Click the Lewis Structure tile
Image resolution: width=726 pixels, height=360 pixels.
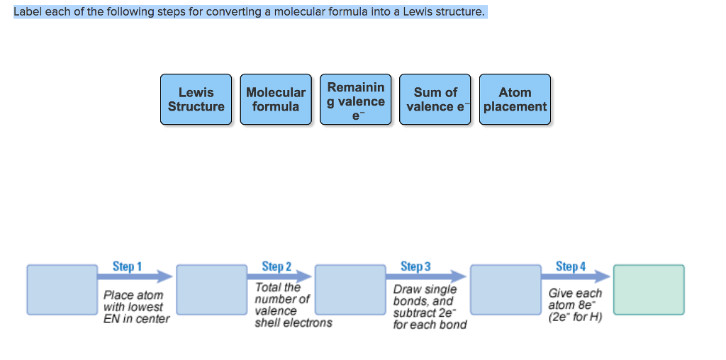[196, 99]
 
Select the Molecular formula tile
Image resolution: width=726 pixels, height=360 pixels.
[276, 99]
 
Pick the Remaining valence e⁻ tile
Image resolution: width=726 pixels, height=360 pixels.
[356, 99]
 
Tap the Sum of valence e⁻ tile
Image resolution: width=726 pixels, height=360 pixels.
[435, 99]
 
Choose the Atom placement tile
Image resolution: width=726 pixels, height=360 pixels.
[515, 99]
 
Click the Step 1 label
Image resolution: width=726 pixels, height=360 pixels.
[127, 266]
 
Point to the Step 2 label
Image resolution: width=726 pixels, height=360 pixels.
[277, 266]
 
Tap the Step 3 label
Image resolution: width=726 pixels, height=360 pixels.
[415, 266]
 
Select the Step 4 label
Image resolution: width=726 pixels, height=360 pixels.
[571, 266]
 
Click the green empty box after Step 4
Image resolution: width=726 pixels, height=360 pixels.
[649, 289]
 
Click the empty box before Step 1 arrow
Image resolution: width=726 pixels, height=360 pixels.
[62, 289]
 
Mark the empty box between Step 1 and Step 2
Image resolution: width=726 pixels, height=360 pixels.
[212, 289]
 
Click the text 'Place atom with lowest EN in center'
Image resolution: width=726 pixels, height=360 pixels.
[137, 307]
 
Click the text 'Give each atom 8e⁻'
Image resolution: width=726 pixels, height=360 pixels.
[575, 305]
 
